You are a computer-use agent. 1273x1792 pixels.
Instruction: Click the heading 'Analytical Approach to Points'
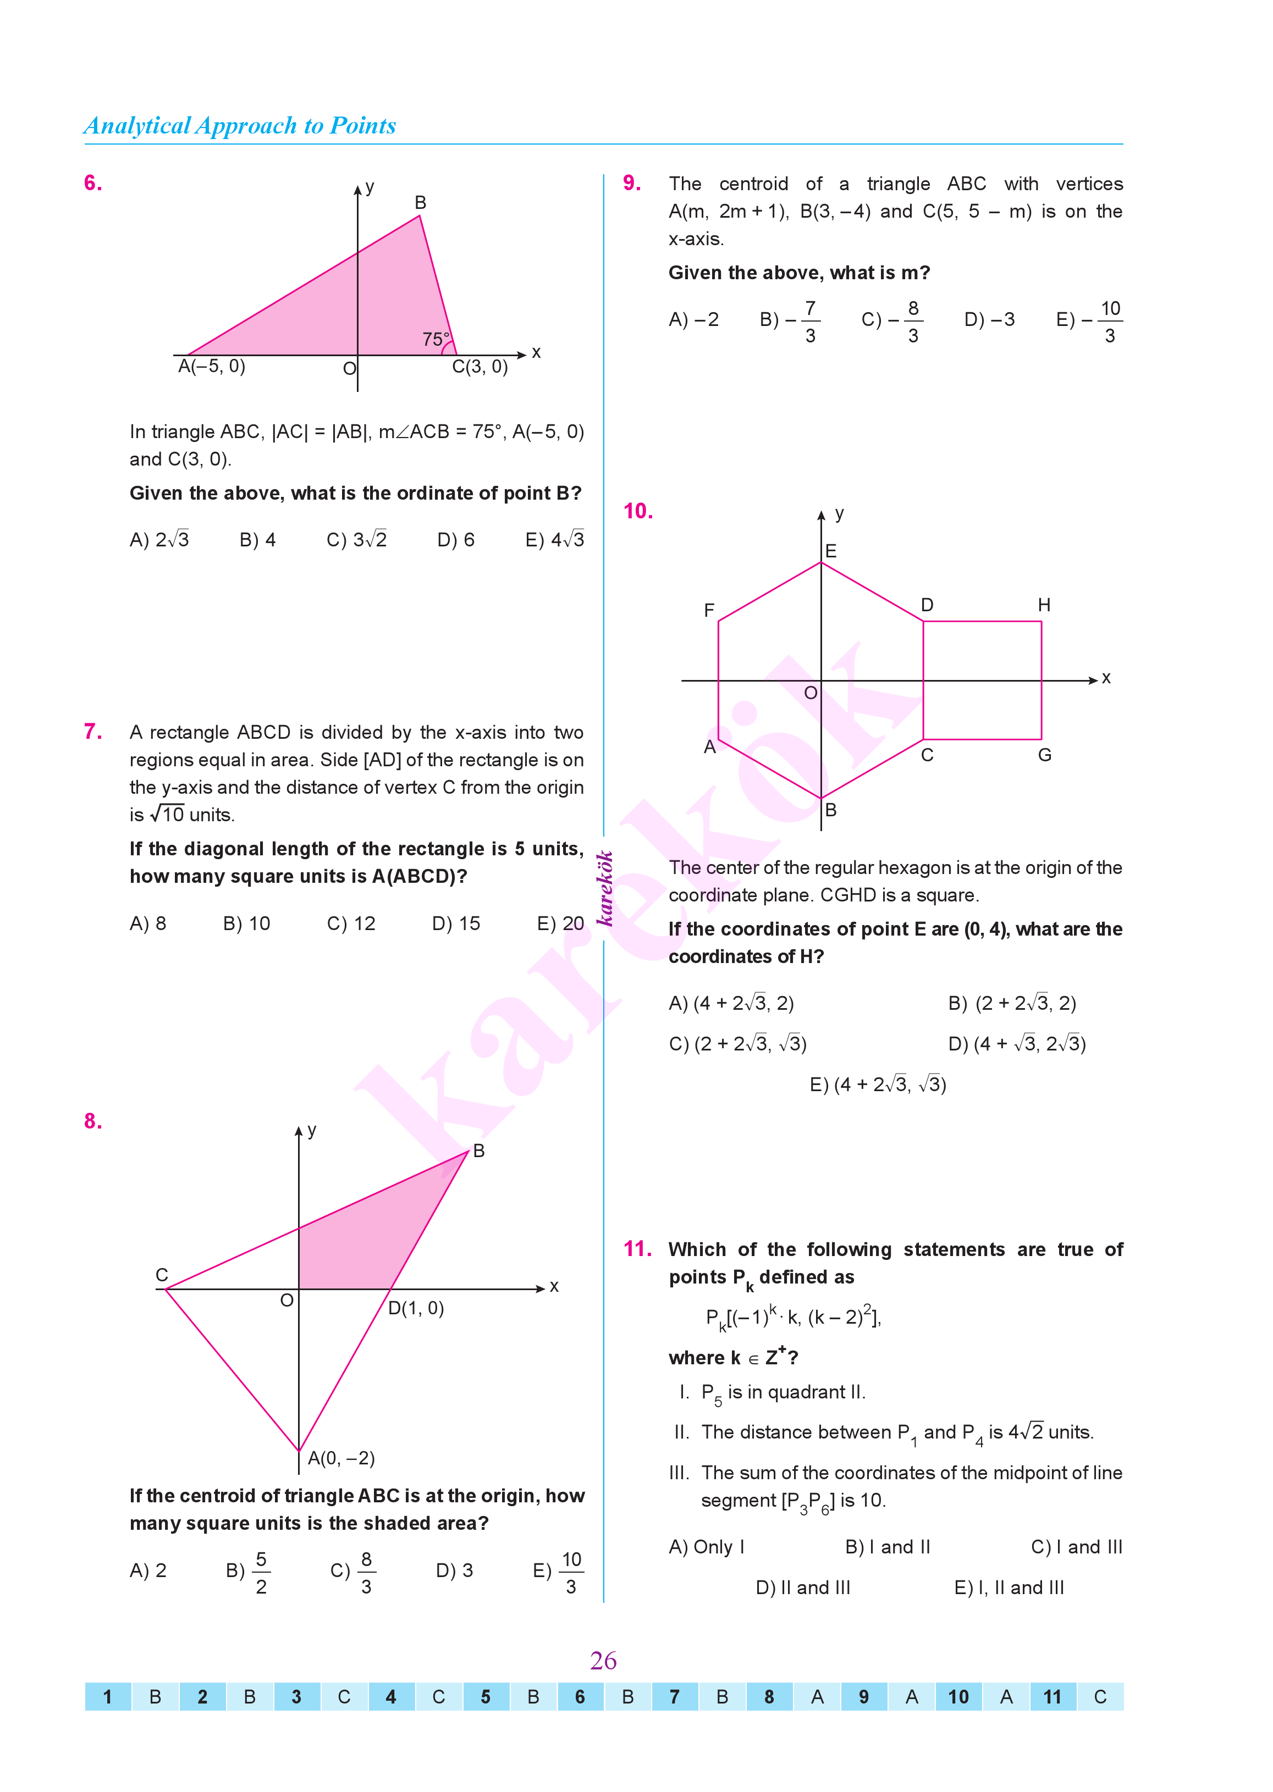[x=240, y=125]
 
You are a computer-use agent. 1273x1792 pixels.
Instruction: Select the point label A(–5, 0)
[x=212, y=367]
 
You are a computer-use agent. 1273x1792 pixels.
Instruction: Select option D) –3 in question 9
[x=989, y=320]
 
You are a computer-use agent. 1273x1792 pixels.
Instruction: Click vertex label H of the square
[x=1044, y=605]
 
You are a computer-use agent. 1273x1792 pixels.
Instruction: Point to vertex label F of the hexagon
[x=709, y=610]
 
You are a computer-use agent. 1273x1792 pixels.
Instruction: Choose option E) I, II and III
[x=1009, y=1588]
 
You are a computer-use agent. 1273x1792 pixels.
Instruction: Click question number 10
[x=638, y=511]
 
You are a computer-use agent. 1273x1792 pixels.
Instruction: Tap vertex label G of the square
[x=1045, y=755]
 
